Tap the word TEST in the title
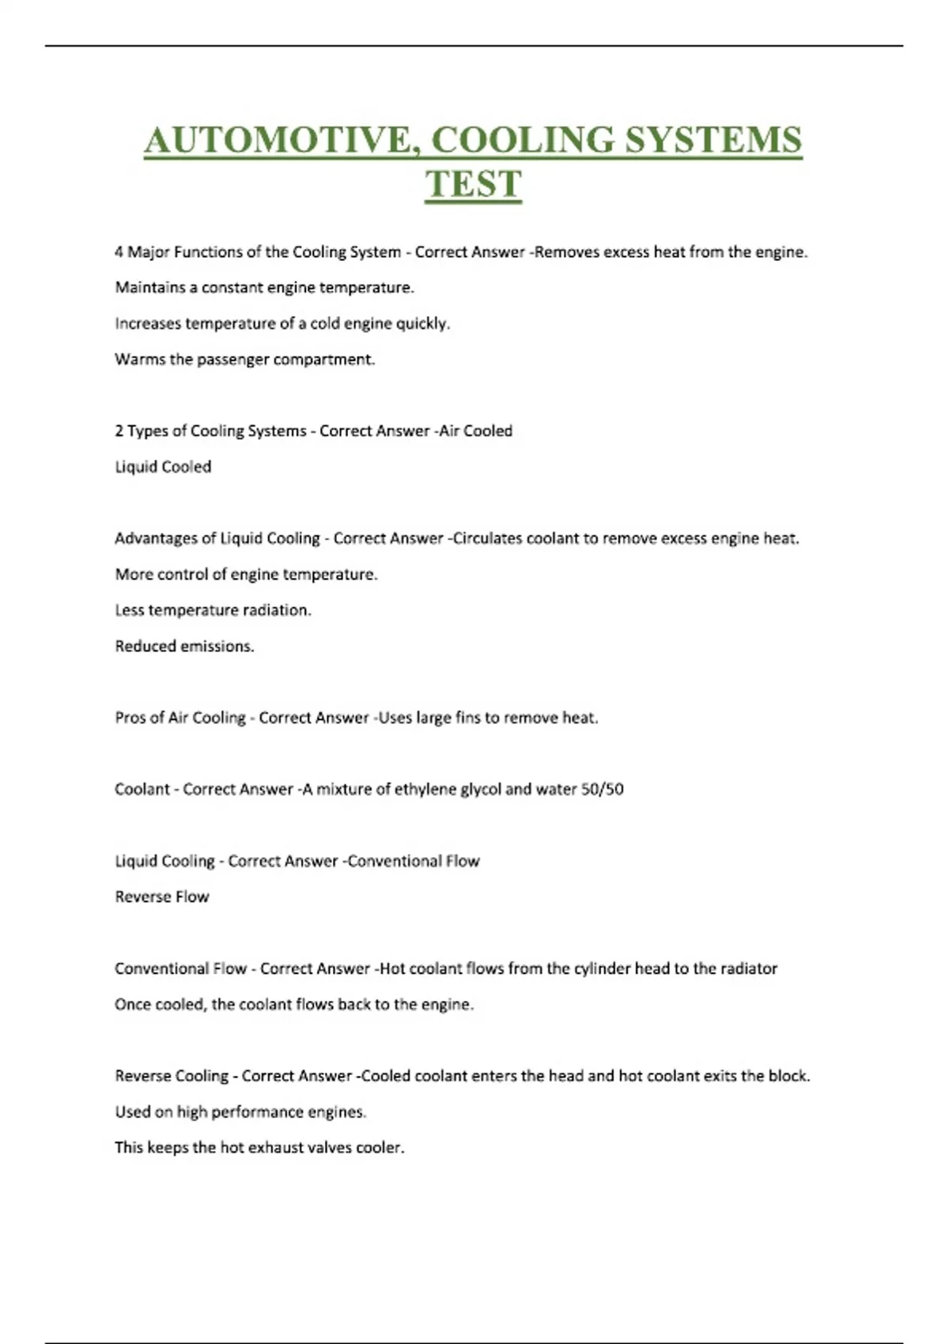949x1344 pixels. click(x=473, y=183)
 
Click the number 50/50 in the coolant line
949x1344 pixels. click(x=602, y=789)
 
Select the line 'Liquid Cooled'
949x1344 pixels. click(x=163, y=466)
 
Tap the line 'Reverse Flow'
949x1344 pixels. click(x=162, y=897)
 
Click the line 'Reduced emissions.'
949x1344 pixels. click(x=184, y=646)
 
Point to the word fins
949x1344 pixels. click(x=467, y=718)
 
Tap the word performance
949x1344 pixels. click(x=257, y=1112)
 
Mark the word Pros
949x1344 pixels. click(x=130, y=718)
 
